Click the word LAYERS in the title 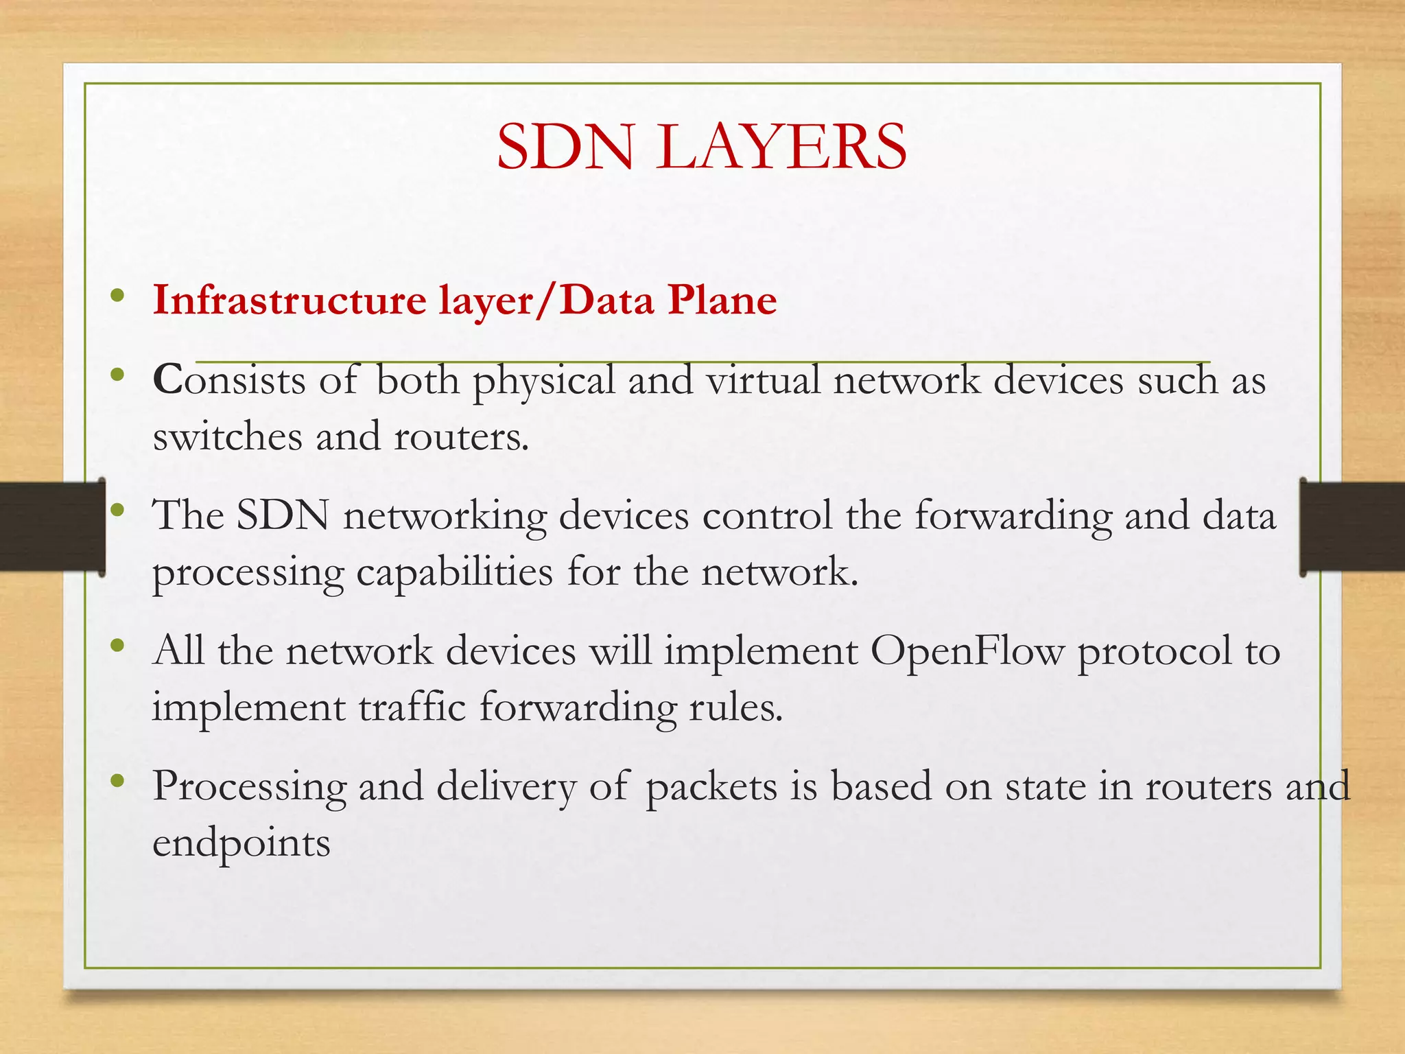pyautogui.click(x=781, y=147)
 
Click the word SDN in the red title pyautogui.click(x=566, y=147)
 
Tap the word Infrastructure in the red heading pyautogui.click(x=290, y=301)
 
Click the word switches pyautogui.click(x=227, y=436)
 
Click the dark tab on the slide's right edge pyautogui.click(x=1351, y=527)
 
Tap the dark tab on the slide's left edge pyautogui.click(x=52, y=527)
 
